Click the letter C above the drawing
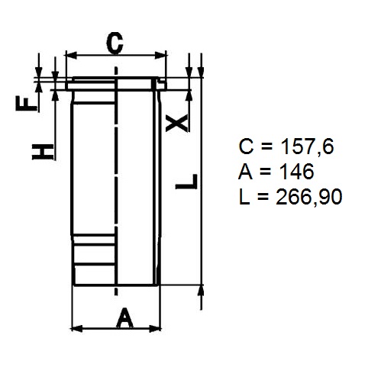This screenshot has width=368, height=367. click(x=115, y=43)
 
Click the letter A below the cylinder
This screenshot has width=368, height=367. click(x=125, y=317)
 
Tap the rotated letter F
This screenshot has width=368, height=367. click(x=27, y=103)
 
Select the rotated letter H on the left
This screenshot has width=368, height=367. click(x=43, y=152)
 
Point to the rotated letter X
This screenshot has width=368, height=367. click(x=177, y=123)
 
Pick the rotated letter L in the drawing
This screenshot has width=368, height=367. click(x=186, y=182)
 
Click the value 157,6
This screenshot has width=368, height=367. click(x=306, y=147)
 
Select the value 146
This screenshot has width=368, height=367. click(x=296, y=172)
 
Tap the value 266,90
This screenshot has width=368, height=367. click(x=308, y=198)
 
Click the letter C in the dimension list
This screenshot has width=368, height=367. click(x=246, y=146)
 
